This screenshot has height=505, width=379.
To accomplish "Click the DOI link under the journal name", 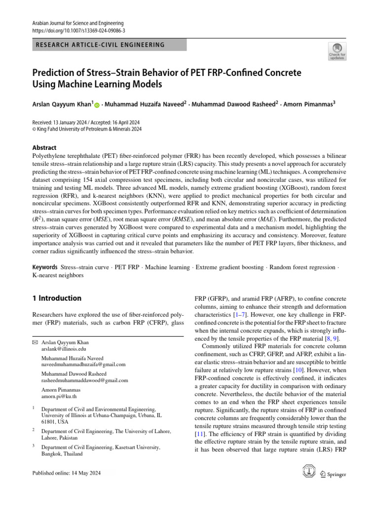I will (78, 31).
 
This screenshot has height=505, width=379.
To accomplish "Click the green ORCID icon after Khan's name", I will (97, 105).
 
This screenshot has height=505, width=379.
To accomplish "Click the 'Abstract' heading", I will (44, 147).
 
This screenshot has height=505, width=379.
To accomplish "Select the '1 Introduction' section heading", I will (56, 298).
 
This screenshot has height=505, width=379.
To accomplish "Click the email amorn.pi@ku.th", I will (59, 397).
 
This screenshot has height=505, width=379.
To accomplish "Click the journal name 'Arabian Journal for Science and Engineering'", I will (77, 23).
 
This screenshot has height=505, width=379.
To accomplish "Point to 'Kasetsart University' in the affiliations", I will (133, 448).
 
